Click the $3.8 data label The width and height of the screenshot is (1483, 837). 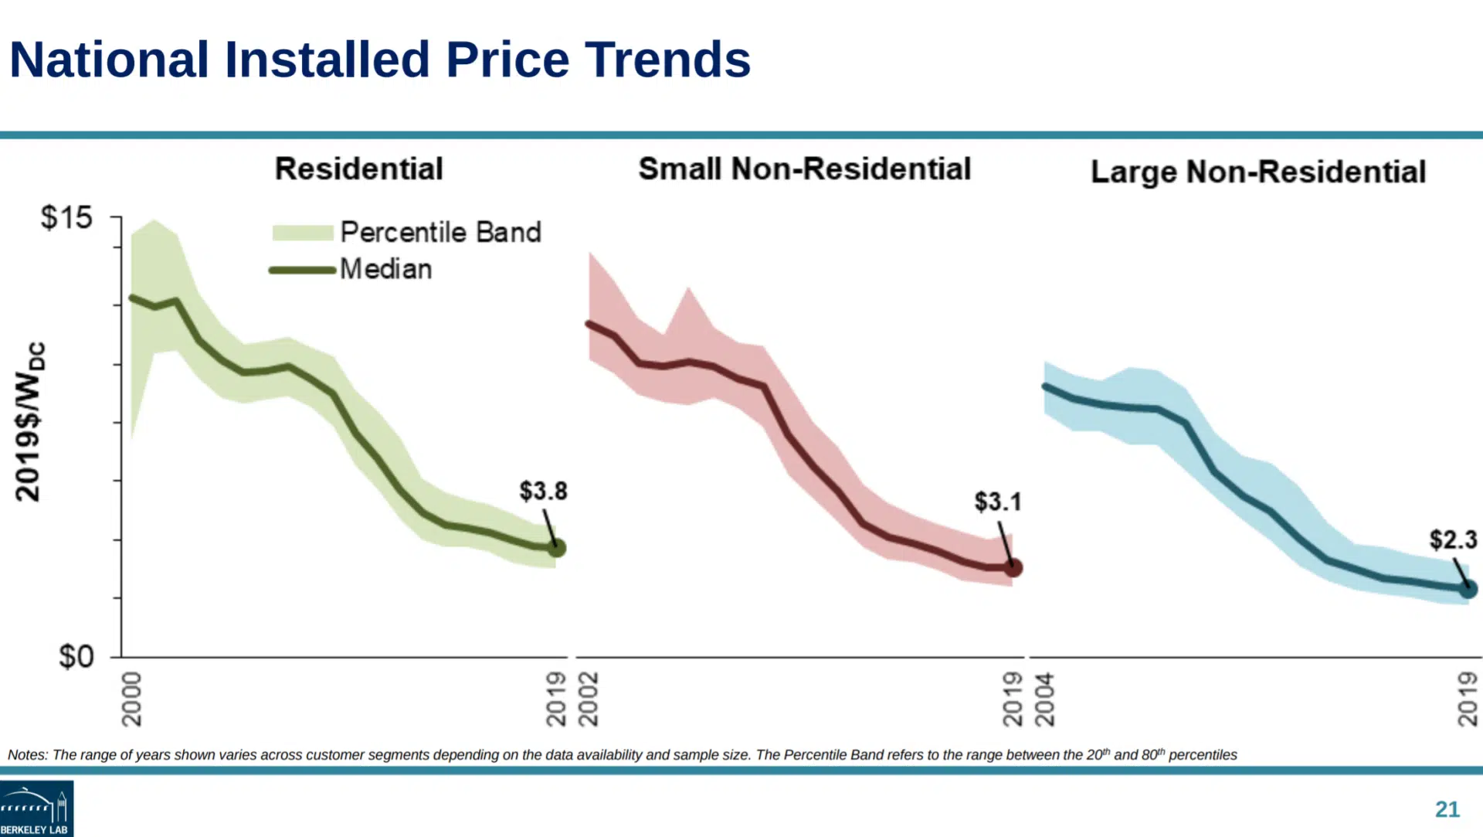coord(543,491)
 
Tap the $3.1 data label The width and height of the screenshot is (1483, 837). coord(998,502)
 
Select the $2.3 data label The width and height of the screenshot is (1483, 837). coord(1453,539)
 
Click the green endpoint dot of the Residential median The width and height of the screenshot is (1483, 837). coord(557,548)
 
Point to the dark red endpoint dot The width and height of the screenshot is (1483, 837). coord(1013,568)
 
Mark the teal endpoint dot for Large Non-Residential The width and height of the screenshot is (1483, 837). coord(1468,590)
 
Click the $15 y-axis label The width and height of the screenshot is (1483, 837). coord(66,218)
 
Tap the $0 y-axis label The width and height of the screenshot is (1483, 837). coord(76,657)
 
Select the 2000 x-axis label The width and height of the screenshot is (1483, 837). coord(132,699)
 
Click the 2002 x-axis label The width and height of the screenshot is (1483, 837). coord(589,699)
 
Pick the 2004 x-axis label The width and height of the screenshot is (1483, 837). coord(1044,699)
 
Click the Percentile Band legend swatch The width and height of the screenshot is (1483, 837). coord(303,233)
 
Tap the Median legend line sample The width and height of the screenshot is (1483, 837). coord(302,270)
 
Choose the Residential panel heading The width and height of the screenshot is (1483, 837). coord(359,169)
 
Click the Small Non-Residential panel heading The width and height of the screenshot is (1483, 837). coord(804,169)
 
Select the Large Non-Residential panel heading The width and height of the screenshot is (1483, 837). coord(1258,172)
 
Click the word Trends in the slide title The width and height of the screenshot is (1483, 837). coord(667,60)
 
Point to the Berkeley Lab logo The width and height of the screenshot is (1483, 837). coord(36,808)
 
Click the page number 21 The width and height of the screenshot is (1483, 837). coord(1447,809)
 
